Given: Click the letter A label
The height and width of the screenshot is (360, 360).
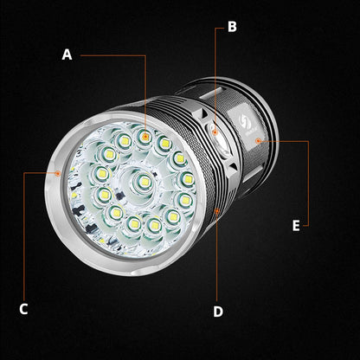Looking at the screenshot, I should tap(67, 54).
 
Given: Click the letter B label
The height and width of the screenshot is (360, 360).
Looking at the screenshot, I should tap(232, 26).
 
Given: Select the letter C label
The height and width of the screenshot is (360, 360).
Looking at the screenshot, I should tap(23, 309).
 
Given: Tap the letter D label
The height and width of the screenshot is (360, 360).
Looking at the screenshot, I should tap(218, 311).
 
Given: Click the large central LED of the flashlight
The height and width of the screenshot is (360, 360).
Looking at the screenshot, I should tap(139, 183).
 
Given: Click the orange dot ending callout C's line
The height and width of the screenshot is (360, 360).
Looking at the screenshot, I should tap(58, 172).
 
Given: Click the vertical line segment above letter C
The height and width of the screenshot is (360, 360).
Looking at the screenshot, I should tap(23, 234).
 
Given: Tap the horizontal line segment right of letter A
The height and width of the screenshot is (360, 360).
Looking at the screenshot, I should tap(112, 55).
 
